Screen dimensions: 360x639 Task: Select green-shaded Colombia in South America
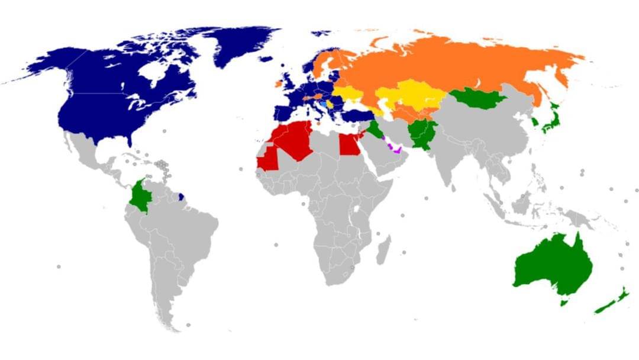pos(140,195)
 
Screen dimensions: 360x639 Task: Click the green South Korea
pos(535,123)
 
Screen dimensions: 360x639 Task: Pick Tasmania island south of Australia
pos(564,303)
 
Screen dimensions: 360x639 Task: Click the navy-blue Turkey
pos(357,114)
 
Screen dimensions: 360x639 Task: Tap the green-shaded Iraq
pos(373,127)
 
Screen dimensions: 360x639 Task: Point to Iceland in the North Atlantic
pos(266,59)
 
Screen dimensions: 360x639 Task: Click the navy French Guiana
pos(182,194)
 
